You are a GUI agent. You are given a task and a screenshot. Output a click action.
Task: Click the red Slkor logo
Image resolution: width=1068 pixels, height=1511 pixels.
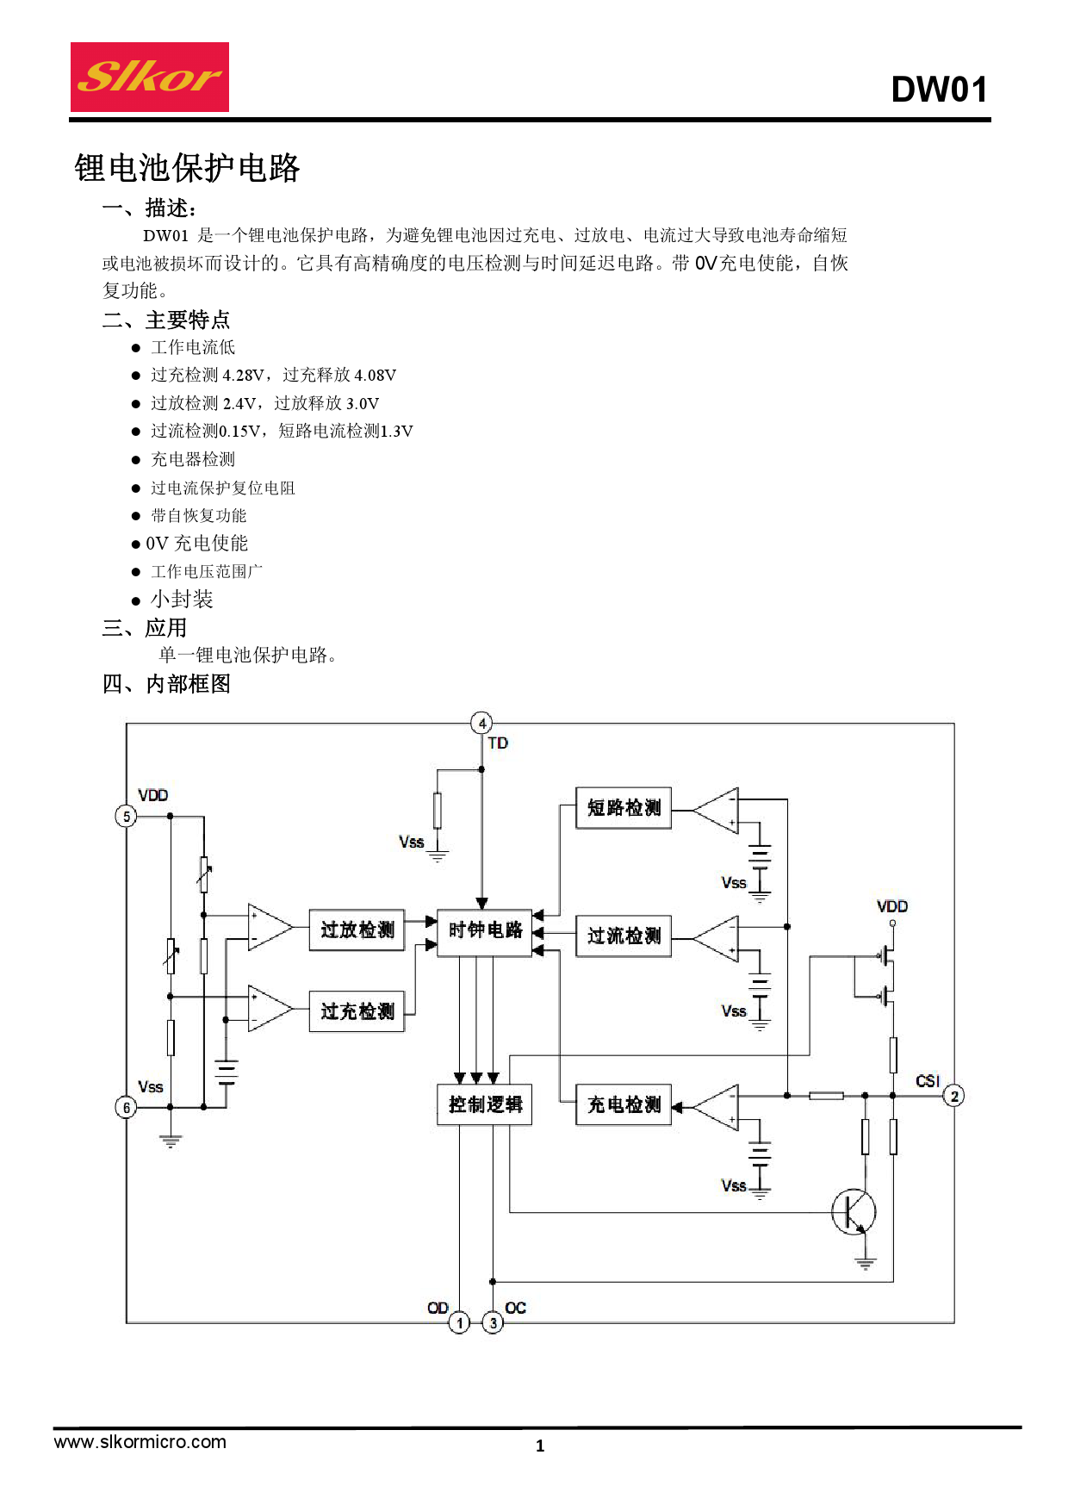pyautogui.click(x=149, y=77)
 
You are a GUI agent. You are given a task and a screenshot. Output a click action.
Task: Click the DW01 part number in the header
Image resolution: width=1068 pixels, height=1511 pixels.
pyautogui.click(x=939, y=90)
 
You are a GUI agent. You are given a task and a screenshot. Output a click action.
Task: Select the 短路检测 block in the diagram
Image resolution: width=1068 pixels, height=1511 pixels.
pyautogui.click(x=624, y=808)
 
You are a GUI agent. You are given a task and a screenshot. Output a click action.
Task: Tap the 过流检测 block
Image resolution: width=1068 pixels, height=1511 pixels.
pyautogui.click(x=624, y=936)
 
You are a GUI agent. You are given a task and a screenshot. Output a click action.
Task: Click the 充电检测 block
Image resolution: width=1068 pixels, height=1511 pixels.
pyautogui.click(x=624, y=1105)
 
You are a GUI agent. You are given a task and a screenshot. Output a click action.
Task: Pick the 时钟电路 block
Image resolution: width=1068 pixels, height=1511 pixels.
pyautogui.click(x=485, y=930)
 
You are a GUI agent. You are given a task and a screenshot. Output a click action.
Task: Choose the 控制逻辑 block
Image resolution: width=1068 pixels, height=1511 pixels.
pyautogui.click(x=485, y=1105)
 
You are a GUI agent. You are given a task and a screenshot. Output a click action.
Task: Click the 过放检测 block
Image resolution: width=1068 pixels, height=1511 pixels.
pyautogui.click(x=357, y=930)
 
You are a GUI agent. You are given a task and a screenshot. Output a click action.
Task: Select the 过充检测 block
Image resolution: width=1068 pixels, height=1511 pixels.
pyautogui.click(x=357, y=1011)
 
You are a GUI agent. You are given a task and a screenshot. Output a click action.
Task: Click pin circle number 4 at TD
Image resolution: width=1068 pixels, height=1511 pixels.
pyautogui.click(x=481, y=724)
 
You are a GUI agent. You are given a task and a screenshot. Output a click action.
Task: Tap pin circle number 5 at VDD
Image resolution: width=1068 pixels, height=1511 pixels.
pyautogui.click(x=127, y=816)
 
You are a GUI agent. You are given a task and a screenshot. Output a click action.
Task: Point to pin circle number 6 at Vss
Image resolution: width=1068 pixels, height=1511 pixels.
pyautogui.click(x=127, y=1108)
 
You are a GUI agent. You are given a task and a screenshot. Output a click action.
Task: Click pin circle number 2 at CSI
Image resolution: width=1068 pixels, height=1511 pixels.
pyautogui.click(x=954, y=1096)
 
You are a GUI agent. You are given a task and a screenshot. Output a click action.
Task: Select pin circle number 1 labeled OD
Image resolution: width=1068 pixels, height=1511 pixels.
pyautogui.click(x=459, y=1322)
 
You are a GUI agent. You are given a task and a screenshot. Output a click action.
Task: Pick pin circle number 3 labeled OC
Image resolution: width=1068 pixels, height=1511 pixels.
pyautogui.click(x=493, y=1322)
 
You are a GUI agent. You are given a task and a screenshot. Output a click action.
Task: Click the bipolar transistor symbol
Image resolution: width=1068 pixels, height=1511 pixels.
pyautogui.click(x=854, y=1211)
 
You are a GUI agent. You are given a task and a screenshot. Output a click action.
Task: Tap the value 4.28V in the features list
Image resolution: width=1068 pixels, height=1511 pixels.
pyautogui.click(x=244, y=376)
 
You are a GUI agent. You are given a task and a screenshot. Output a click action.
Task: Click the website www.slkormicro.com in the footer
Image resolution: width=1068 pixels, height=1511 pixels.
pyautogui.click(x=140, y=1442)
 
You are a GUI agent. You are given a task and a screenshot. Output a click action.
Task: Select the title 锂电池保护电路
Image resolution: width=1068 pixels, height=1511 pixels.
pyautogui.click(x=187, y=168)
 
